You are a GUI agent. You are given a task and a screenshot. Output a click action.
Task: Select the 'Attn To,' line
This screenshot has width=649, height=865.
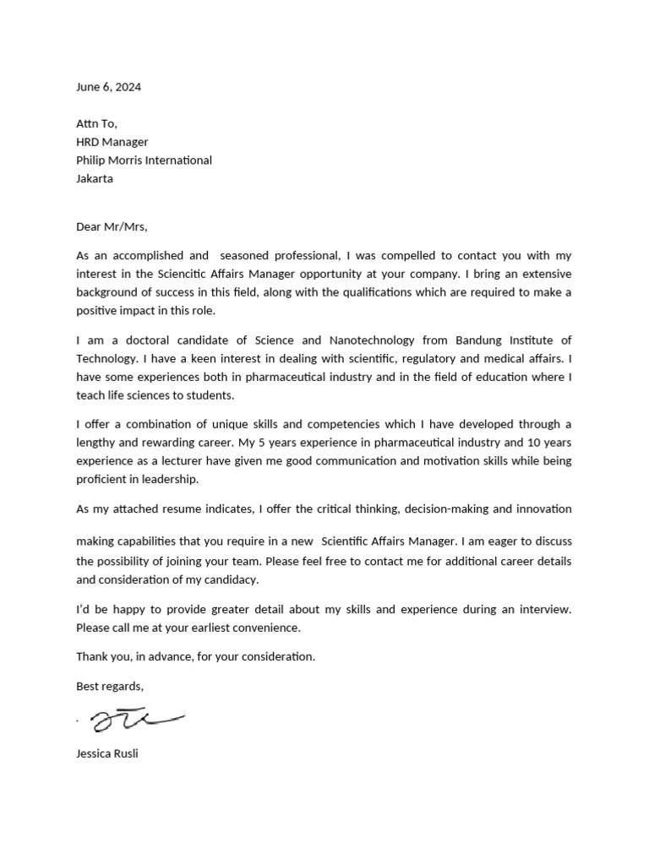(x=96, y=123)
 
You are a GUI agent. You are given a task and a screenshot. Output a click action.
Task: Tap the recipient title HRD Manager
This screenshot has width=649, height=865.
(x=112, y=142)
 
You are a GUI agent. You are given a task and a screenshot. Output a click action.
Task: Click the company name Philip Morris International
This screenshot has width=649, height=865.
(x=144, y=160)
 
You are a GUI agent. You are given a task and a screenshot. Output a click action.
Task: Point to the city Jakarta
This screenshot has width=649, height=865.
(x=94, y=179)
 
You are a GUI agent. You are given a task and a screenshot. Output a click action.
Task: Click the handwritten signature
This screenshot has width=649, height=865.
(x=135, y=720)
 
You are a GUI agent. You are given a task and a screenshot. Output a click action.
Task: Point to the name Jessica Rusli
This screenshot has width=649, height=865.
(x=106, y=753)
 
